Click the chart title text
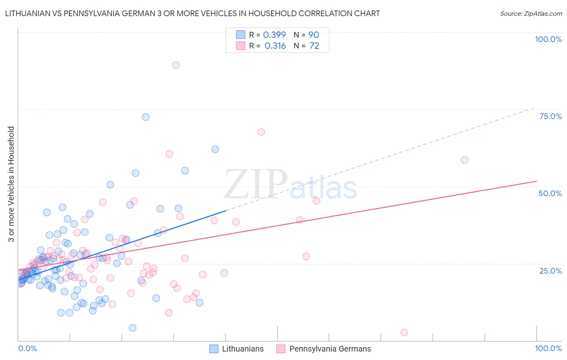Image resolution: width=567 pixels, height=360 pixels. (192, 13)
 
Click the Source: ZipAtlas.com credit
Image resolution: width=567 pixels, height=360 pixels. (531, 13)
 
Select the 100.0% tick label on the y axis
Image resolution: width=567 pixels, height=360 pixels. (548, 39)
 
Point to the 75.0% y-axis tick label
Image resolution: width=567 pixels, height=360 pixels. (550, 116)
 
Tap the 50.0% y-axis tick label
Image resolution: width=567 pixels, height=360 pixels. (550, 193)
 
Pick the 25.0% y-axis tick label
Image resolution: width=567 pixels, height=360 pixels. (550, 271)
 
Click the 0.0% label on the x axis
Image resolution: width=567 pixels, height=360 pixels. (27, 348)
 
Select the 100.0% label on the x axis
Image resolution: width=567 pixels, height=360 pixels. (548, 348)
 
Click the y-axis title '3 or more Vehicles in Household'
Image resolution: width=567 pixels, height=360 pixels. (11, 184)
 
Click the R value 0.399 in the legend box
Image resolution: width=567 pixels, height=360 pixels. (274, 35)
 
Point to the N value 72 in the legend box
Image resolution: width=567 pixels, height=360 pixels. (314, 46)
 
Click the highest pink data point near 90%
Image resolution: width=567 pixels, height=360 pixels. (176, 65)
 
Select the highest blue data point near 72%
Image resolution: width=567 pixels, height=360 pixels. (146, 117)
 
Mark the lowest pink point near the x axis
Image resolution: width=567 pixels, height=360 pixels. (404, 333)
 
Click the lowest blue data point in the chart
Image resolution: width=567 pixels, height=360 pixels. (132, 328)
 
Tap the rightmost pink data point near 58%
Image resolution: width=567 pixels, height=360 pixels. (465, 160)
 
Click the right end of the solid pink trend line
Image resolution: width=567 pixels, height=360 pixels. (536, 181)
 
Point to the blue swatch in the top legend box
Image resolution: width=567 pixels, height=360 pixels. (241, 35)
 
